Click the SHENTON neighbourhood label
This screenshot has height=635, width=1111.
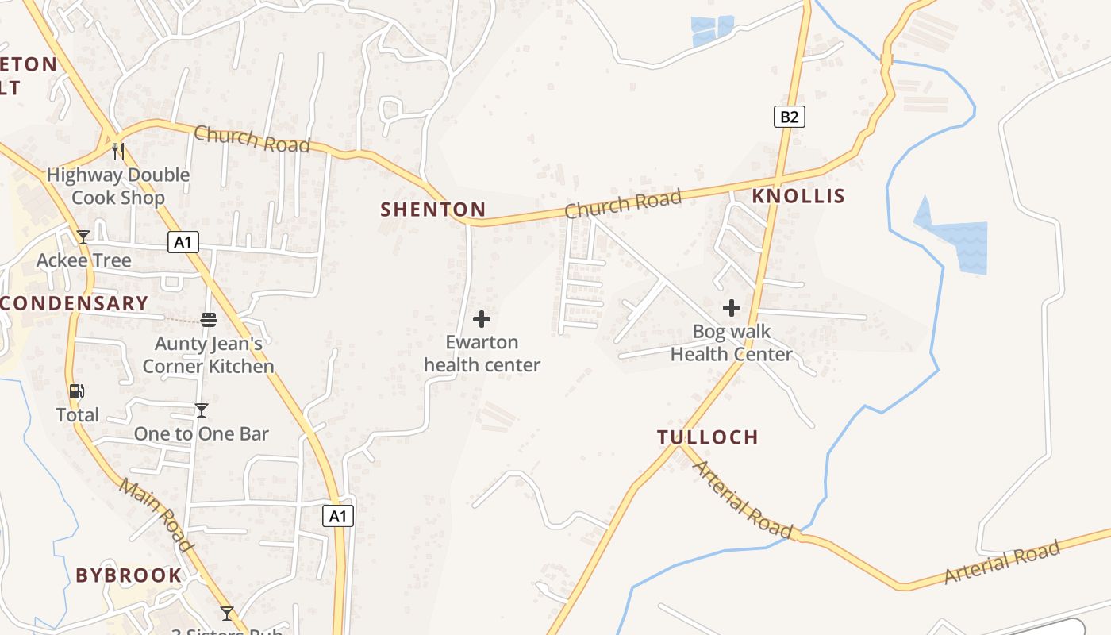[432, 210]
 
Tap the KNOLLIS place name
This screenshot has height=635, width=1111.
[798, 196]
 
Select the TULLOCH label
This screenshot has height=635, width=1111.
[708, 437]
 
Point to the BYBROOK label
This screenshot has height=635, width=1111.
[129, 575]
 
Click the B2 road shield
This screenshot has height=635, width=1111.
[789, 117]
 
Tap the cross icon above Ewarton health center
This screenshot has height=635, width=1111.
[482, 319]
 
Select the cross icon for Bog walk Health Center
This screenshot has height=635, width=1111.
[732, 308]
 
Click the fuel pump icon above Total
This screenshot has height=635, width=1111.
[77, 391]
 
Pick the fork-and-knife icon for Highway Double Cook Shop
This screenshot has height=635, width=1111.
[118, 151]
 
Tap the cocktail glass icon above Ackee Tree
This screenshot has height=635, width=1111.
[83, 237]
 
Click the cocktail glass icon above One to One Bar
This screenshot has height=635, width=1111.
[202, 410]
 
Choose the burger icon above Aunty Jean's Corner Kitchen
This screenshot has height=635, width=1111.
[209, 320]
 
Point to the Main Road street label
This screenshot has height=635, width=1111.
[156, 515]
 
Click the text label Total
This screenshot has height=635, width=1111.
[77, 414]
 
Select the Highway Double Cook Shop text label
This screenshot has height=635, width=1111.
[118, 186]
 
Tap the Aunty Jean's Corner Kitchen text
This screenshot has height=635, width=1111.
[208, 355]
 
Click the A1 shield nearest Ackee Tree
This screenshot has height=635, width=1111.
[183, 242]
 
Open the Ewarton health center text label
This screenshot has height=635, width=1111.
[482, 353]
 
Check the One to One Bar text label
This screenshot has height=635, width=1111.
[202, 433]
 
